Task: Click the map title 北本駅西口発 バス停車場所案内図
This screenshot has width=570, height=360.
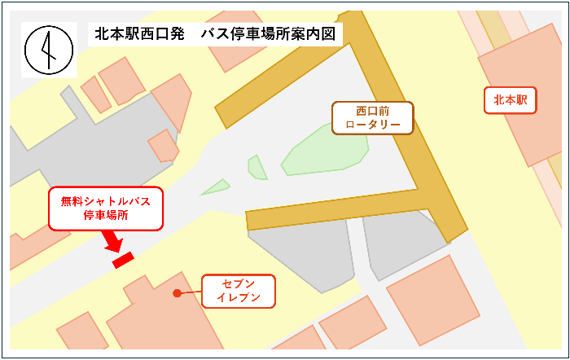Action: (215, 34)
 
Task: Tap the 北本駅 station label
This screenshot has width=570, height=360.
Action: (511, 100)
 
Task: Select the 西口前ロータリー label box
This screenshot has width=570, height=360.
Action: (373, 118)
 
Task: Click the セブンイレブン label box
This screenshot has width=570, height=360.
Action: (239, 291)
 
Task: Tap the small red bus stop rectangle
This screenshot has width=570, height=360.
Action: (123, 259)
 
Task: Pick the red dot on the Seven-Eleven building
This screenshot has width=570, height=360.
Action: (177, 292)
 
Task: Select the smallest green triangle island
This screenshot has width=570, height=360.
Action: (215, 187)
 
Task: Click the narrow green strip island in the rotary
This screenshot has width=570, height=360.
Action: (257, 167)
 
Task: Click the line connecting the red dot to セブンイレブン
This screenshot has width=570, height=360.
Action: (190, 292)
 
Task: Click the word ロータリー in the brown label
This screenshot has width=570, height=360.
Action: (373, 125)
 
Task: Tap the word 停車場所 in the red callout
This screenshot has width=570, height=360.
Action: (106, 217)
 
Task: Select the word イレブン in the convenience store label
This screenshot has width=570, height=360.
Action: (239, 298)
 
